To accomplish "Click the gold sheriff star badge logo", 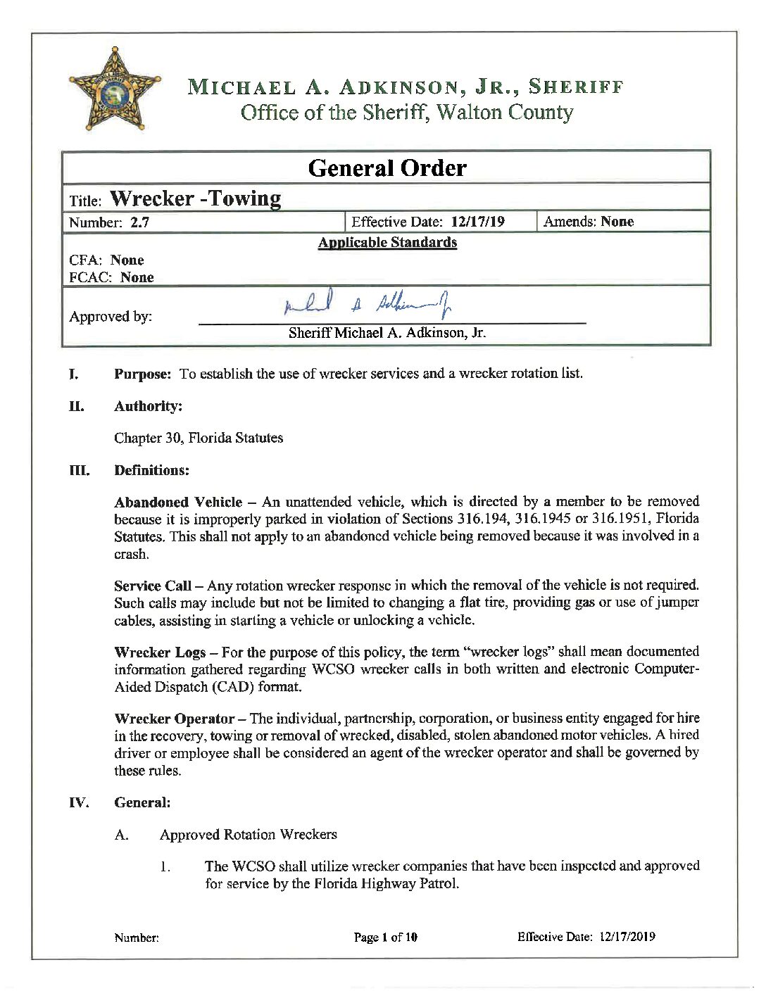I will pyautogui.click(x=115, y=89).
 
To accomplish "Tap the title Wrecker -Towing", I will pyautogui.click(x=195, y=198).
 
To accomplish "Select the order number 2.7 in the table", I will pyautogui.click(x=139, y=222).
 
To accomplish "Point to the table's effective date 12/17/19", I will pyautogui.click(x=477, y=222).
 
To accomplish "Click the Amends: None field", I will pyautogui.click(x=589, y=222).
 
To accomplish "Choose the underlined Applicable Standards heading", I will pyautogui.click(x=387, y=243).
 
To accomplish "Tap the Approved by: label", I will pyautogui.click(x=111, y=317).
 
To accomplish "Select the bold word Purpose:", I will pyautogui.click(x=142, y=374).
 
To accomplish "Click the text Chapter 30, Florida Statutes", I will pyautogui.click(x=199, y=438).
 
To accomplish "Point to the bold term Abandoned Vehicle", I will pyautogui.click(x=177, y=502).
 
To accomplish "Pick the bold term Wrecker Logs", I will pyautogui.click(x=160, y=652).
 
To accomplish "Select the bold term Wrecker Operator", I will pyautogui.click(x=174, y=719).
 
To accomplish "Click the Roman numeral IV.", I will pyautogui.click(x=78, y=802).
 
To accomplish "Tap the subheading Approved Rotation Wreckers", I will pyautogui.click(x=248, y=835).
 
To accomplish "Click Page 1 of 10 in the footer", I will pyautogui.click(x=385, y=937).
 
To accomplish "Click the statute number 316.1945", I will pyautogui.click(x=546, y=519).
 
